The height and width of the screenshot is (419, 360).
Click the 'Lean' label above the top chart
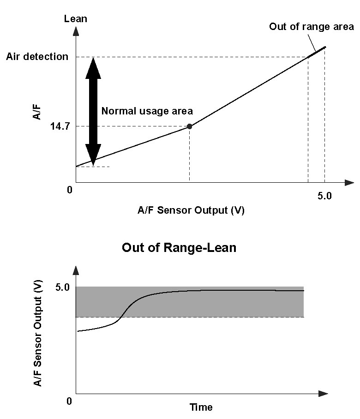(76, 19)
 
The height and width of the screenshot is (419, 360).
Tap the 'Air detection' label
(37, 57)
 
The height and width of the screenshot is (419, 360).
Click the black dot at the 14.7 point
(189, 126)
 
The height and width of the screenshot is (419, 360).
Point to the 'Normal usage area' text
(147, 111)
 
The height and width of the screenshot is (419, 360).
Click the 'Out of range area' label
(312, 27)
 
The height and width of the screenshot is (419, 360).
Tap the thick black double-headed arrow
(93, 111)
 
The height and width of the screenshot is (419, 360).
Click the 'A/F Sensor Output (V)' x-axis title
(191, 210)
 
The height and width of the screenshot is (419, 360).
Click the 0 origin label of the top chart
(70, 190)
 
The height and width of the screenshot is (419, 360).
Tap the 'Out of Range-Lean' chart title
(179, 247)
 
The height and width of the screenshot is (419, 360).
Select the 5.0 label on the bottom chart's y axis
(62, 287)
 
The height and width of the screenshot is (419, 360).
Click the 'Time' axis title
(201, 407)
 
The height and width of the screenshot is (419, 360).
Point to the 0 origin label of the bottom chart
(69, 401)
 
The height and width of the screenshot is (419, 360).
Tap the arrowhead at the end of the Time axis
(323, 394)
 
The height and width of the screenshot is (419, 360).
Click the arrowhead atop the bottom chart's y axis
(76, 270)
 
